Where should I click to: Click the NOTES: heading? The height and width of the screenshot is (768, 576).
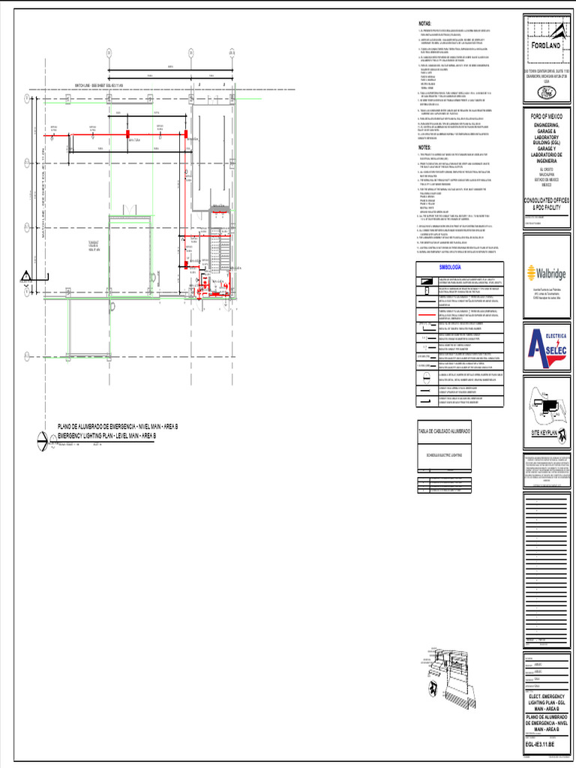click(424, 148)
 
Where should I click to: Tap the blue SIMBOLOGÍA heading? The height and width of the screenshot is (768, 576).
click(450, 268)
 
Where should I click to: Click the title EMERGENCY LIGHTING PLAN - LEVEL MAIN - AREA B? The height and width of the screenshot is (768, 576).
click(106, 436)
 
